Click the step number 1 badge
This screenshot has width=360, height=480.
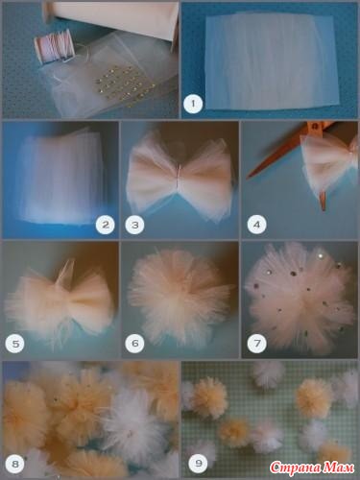pyautogui.click(x=193, y=104)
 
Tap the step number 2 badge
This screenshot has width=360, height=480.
pyautogui.click(x=105, y=225)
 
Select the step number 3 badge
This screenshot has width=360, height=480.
pyautogui.click(x=135, y=225)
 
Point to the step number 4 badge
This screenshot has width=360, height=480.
pyautogui.click(x=256, y=225)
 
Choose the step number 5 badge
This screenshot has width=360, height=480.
pyautogui.click(x=15, y=344)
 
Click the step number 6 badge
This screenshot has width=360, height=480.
pyautogui.click(x=135, y=344)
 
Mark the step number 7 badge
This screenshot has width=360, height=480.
pyautogui.click(x=256, y=344)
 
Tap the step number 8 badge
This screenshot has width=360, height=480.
pyautogui.click(x=15, y=464)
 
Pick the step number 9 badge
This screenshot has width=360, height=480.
pyautogui.click(x=199, y=464)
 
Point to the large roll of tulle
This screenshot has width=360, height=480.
pyautogui.click(x=112, y=19)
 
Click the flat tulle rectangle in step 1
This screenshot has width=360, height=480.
pyautogui.click(x=272, y=60)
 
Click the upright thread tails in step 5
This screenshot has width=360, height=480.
pyautogui.click(x=66, y=272)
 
